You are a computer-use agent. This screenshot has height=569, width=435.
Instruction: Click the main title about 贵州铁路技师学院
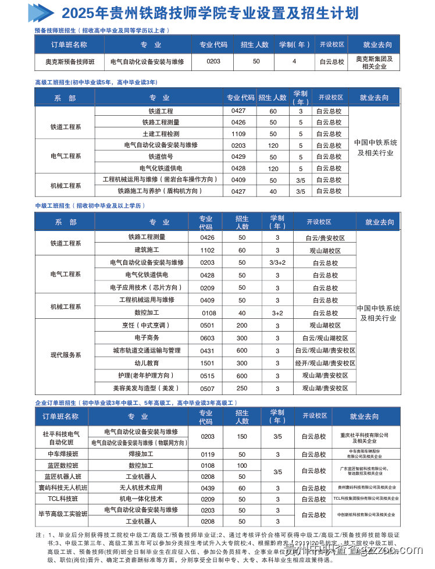point(210,13)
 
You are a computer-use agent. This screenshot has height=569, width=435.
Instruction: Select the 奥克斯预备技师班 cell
point(69,61)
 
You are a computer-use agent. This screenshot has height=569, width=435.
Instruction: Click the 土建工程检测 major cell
point(161,134)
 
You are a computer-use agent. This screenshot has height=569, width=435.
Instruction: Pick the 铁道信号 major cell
point(161,157)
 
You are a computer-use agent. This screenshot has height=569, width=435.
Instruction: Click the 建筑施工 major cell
point(147,250)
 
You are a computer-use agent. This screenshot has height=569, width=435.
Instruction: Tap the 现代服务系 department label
point(65,354)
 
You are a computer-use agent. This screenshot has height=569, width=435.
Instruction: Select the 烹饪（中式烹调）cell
point(147,325)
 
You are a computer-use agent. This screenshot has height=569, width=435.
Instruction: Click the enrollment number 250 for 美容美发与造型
point(242,388)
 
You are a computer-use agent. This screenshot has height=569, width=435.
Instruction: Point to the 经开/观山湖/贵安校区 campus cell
point(325,363)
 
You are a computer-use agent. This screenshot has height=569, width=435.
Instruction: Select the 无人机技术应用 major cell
point(141,488)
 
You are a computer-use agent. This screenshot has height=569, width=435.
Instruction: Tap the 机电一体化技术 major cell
point(141,499)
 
